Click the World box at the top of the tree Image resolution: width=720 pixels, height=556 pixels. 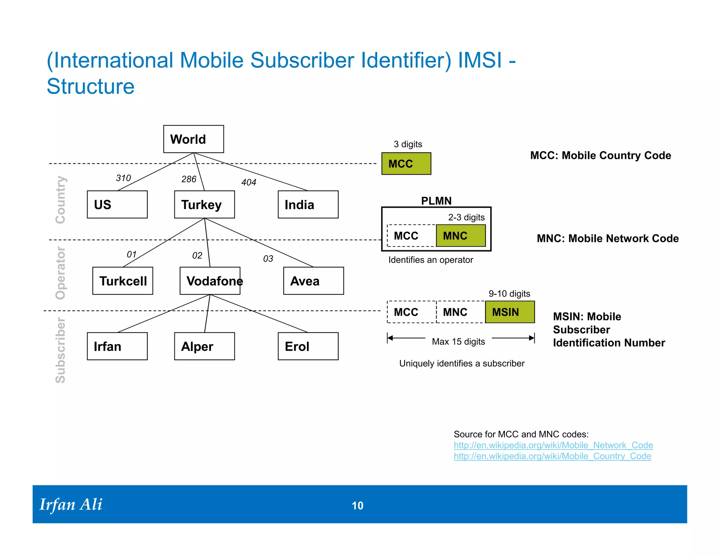193,139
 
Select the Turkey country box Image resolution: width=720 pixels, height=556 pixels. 204,205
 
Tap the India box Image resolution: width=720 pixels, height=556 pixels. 308,205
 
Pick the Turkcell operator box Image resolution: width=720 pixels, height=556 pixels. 123,281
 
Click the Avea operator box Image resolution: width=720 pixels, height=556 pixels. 313,281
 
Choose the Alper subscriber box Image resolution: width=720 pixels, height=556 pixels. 204,346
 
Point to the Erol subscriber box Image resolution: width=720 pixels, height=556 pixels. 308,346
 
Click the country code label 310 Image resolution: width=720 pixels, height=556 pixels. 123,178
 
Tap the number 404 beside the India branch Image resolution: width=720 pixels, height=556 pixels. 249,182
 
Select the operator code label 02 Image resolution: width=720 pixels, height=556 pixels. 197,256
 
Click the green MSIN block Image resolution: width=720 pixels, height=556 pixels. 510,312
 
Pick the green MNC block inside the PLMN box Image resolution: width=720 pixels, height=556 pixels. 461,236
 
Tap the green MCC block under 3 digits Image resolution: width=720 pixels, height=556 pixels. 406,164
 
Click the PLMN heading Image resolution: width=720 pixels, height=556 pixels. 436,201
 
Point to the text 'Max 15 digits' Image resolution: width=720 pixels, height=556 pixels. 458,342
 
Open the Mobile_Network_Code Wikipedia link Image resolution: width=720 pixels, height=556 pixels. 553,445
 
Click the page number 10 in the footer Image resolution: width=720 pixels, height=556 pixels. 358,505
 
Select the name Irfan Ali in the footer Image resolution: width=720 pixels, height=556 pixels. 71,505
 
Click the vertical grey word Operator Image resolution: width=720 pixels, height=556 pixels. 60,273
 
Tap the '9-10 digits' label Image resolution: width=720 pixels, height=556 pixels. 509,293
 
